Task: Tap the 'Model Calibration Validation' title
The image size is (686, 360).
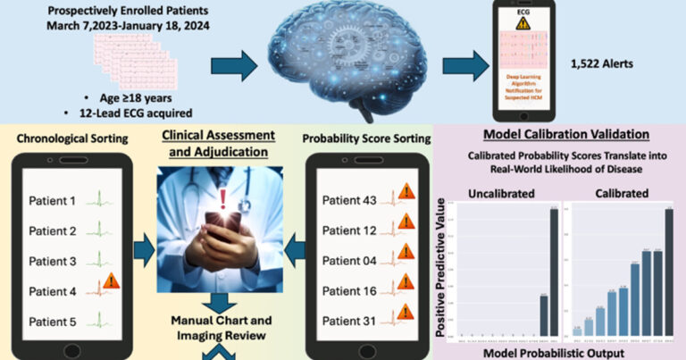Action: pyautogui.click(x=558, y=135)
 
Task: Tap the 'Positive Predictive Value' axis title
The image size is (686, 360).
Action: pyautogui.click(x=441, y=268)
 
